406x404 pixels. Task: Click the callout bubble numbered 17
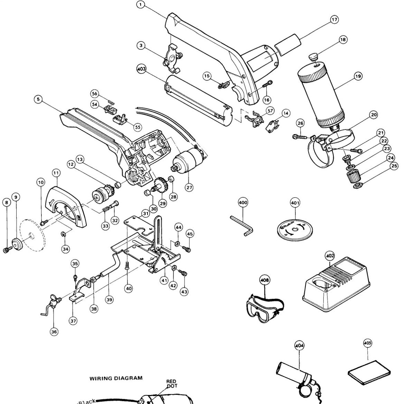point(334,20)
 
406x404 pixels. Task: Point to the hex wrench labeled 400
point(242,225)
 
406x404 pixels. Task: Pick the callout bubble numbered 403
point(141,68)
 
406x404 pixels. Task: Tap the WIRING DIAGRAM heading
point(116,378)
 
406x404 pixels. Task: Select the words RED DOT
point(171,384)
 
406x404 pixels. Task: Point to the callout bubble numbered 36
point(54,331)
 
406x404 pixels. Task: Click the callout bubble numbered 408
point(265,279)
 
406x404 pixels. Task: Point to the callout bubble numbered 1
point(140,4)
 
